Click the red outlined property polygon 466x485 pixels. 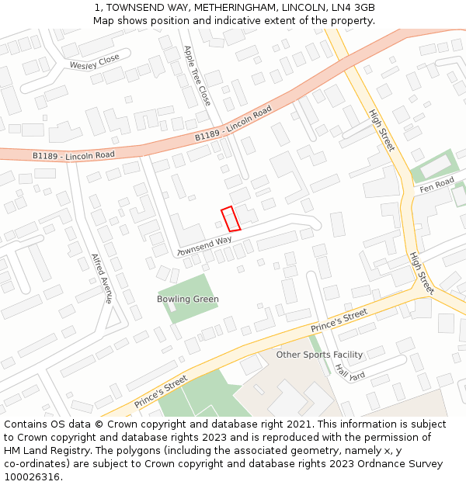tap(231, 219)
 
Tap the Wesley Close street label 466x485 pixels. tap(94, 61)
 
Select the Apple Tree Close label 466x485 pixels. tap(196, 74)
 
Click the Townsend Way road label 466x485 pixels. tap(205, 247)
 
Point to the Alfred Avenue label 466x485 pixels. tap(102, 278)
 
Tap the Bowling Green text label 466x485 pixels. tap(188, 300)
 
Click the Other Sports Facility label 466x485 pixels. tap(319, 355)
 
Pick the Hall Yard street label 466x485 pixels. tap(349, 372)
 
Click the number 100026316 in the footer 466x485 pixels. tap(32, 477)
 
